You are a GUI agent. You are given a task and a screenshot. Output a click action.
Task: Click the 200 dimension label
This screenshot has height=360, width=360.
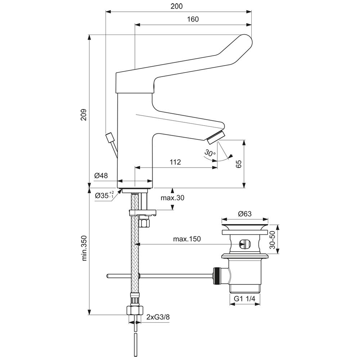click(176, 6)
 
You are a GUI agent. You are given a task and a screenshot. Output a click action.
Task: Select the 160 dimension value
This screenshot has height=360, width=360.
click(193, 19)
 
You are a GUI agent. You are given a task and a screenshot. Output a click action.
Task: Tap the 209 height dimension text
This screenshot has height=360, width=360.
click(84, 115)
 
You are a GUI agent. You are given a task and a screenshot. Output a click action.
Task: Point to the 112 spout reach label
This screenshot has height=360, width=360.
click(175, 162)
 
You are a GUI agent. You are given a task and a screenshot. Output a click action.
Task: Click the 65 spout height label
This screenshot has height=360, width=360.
click(239, 164)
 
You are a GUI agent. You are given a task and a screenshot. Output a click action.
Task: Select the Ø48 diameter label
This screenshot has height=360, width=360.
click(101, 176)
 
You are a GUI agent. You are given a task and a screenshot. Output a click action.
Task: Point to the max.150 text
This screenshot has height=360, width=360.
click(187, 239)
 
